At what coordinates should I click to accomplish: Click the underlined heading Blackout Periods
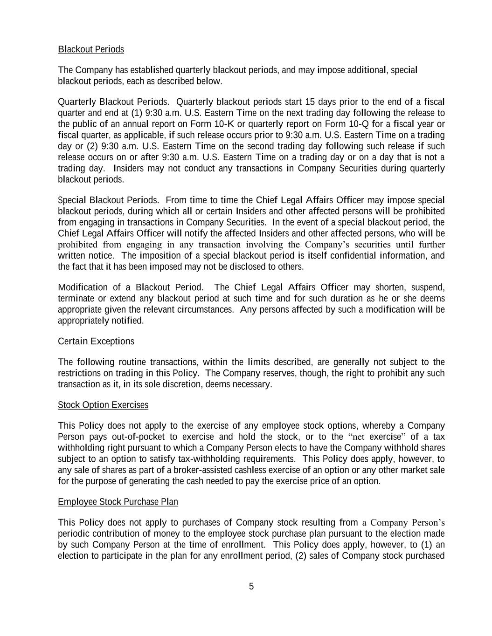(91, 49)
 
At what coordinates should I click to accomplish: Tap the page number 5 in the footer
(251, 586)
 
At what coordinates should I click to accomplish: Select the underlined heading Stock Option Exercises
(103, 405)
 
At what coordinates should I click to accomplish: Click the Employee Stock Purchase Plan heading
(118, 502)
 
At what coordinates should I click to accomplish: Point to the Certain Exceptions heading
(96, 342)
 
